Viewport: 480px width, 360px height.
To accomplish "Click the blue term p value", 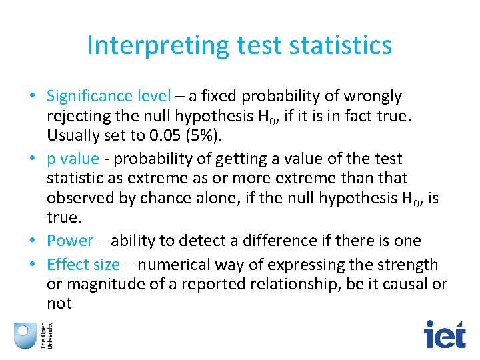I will point(73,159).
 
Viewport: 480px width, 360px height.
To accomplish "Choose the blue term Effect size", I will point(83,264).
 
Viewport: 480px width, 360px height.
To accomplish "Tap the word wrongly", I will point(368,96).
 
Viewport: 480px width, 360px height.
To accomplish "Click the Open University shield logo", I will point(25,334).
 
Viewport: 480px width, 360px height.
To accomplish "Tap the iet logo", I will point(445,333).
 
